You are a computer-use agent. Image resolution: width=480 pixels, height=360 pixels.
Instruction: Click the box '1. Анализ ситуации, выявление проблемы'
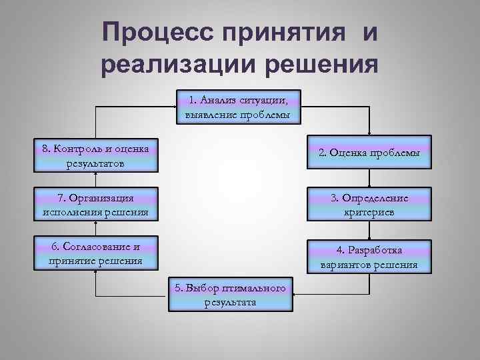pyautogui.click(x=239, y=107)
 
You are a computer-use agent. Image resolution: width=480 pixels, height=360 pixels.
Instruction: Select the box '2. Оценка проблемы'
pyautogui.click(x=369, y=153)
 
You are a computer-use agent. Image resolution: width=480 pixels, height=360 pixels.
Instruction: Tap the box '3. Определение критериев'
pyautogui.click(x=369, y=205)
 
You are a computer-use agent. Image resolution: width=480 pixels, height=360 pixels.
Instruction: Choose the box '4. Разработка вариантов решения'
pyautogui.click(x=369, y=257)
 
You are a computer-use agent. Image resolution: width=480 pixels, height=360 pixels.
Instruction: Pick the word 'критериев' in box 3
pyautogui.click(x=369, y=212)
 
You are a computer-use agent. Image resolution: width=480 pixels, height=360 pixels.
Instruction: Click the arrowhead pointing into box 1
pyautogui.click(x=175, y=107)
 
